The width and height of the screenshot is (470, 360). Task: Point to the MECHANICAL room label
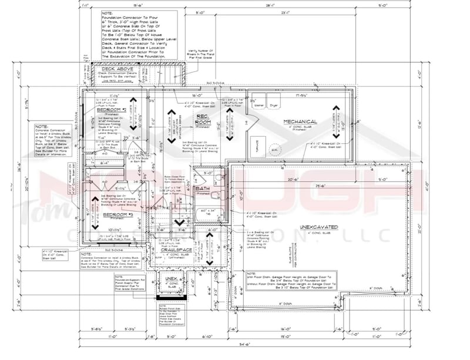click(300, 122)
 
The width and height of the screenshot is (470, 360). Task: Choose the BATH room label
click(203, 189)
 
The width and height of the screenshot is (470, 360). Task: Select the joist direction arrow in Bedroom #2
click(133, 112)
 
